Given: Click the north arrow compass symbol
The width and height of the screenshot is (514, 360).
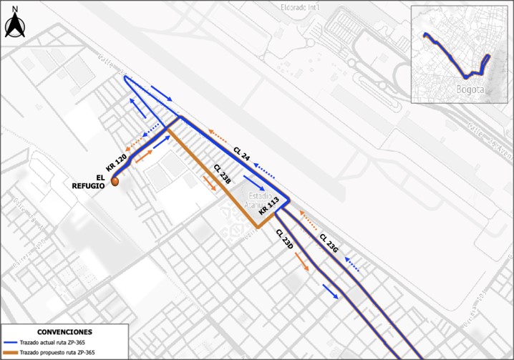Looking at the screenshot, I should [14, 24].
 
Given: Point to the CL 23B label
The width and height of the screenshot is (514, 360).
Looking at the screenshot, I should [221, 175].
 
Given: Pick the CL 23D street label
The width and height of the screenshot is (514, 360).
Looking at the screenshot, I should [284, 239].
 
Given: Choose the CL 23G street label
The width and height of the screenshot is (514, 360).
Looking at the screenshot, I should [329, 243].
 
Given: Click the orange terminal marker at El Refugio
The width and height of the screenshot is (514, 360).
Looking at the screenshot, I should [115, 183].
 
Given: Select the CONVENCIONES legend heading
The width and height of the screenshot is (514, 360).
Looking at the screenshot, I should [64, 332].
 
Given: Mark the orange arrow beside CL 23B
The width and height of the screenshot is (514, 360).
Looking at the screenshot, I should [209, 183].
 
